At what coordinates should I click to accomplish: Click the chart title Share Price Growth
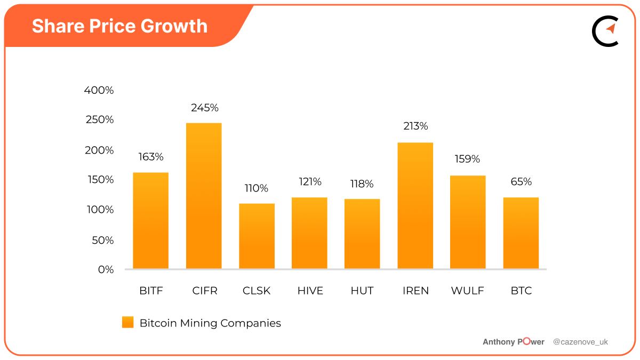coord(119,26)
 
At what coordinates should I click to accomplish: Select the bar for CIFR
coord(204,196)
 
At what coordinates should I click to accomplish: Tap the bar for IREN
coord(415,205)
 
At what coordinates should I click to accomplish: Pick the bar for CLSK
coord(257,236)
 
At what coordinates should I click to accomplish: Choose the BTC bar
coord(521,233)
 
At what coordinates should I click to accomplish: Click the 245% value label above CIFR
coord(205,108)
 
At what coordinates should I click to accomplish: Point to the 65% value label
coord(521,181)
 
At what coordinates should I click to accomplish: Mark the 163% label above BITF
coord(151,157)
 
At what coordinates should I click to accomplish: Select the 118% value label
coord(362,184)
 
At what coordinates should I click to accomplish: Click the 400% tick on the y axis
coord(99,90)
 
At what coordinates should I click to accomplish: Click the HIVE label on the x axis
coord(310,291)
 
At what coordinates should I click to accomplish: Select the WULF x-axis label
coord(468,291)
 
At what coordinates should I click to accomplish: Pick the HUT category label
coord(362,291)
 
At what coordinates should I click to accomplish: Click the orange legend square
coord(128,323)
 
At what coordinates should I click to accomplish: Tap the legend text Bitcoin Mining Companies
coord(210,323)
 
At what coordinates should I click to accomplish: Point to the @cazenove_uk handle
coord(580,342)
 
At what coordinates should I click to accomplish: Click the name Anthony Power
coord(513,342)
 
